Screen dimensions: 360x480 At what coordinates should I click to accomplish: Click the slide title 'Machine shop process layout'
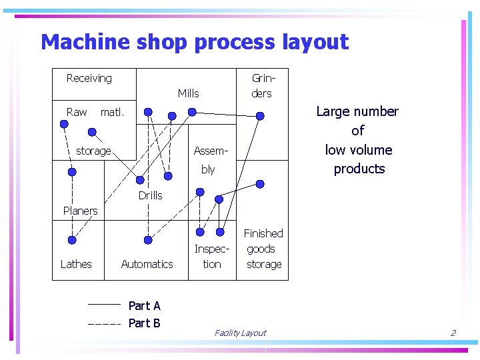195,42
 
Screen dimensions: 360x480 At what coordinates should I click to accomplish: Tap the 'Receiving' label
89,79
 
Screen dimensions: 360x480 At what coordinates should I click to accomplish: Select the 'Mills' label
188,93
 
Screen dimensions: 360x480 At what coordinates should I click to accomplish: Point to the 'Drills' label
150,195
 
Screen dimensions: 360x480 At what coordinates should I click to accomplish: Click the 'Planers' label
80,211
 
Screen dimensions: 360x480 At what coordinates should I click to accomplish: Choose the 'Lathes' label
76,264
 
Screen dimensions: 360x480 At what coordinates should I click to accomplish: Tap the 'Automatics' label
147,264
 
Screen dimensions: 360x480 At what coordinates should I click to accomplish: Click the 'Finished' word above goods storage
263,233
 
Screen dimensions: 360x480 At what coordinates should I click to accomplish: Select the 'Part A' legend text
144,305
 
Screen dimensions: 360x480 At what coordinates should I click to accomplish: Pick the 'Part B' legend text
144,323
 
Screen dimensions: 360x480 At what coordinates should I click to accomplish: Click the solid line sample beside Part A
103,305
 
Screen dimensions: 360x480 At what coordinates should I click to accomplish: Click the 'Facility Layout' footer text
240,333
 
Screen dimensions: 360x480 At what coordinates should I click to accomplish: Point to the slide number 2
453,333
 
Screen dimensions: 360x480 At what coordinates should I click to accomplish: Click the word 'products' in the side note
359,169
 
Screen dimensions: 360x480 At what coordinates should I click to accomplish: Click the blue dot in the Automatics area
149,240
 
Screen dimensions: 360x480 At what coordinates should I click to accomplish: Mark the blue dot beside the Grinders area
260,116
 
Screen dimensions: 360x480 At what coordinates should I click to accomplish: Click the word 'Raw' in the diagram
77,112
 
